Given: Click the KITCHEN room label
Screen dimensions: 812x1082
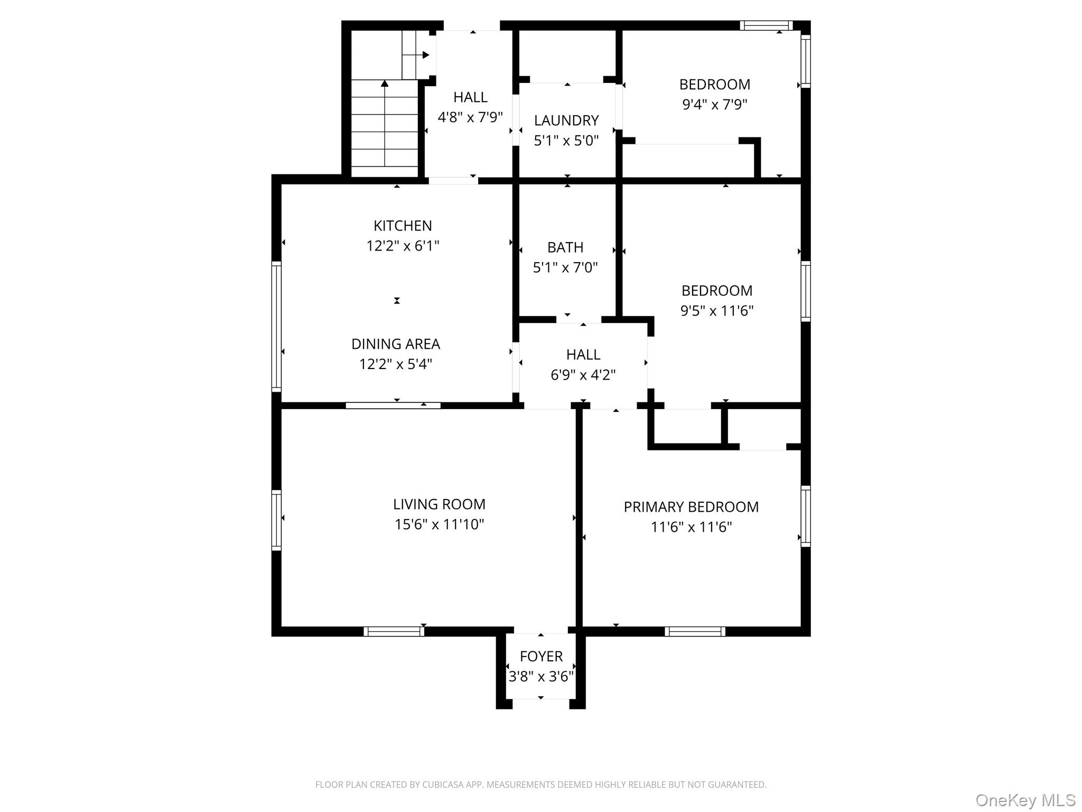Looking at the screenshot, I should pos(403,226).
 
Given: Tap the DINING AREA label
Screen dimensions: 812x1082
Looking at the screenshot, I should pos(396,344).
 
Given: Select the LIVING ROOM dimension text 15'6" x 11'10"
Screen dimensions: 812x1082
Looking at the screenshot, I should pos(439,524).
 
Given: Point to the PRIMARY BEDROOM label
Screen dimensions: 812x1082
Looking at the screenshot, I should pos(691,507).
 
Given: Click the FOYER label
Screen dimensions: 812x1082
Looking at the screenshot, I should pos(541,657).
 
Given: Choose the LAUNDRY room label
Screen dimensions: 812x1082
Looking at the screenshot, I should pos(566,121).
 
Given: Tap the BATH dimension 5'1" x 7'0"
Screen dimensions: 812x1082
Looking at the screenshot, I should pos(565,267).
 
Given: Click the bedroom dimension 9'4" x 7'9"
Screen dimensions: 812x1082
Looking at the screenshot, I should pos(715,105).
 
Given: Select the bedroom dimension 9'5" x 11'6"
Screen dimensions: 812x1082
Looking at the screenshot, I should pos(716,311).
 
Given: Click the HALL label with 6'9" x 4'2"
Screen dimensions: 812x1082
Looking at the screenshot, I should pos(583,355).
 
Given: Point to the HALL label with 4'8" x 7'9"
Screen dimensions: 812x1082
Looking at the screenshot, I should pos(470,97).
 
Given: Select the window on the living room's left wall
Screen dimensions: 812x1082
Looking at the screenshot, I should pos(276,520).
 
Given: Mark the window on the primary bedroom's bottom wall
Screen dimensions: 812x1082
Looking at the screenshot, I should pos(695,631).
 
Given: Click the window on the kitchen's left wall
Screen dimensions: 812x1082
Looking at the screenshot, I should pos(276,326).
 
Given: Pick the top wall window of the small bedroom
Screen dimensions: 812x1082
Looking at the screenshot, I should pos(766,25).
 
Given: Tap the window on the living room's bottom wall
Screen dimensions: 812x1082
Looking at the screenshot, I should pos(394,631).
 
